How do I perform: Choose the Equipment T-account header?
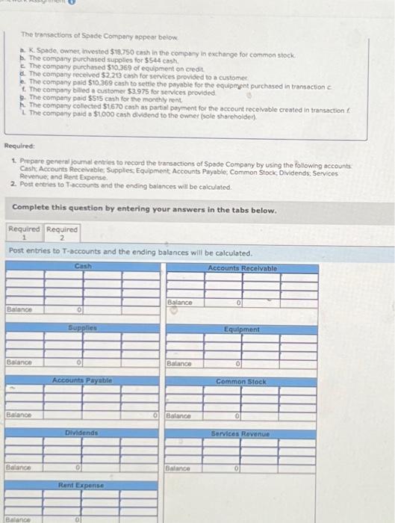tap(242, 329)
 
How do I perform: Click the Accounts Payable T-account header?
tap(82, 380)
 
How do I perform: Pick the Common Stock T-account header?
tap(241, 381)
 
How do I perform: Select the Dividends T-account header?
tap(82, 433)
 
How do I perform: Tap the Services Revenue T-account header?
tap(241, 433)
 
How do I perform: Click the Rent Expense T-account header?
tap(82, 485)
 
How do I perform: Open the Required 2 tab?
tap(63, 233)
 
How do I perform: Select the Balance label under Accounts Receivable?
tap(181, 303)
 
